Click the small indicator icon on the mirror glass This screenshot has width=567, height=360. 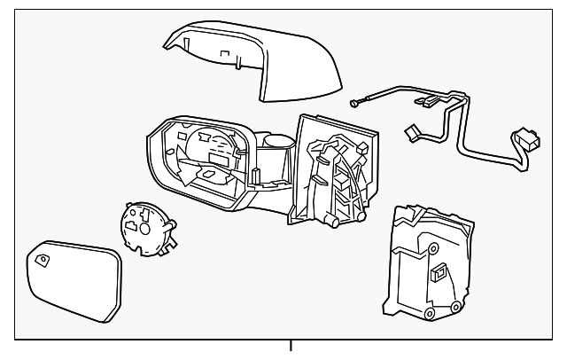tap(43, 259)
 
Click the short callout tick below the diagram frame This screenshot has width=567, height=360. tap(291, 348)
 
